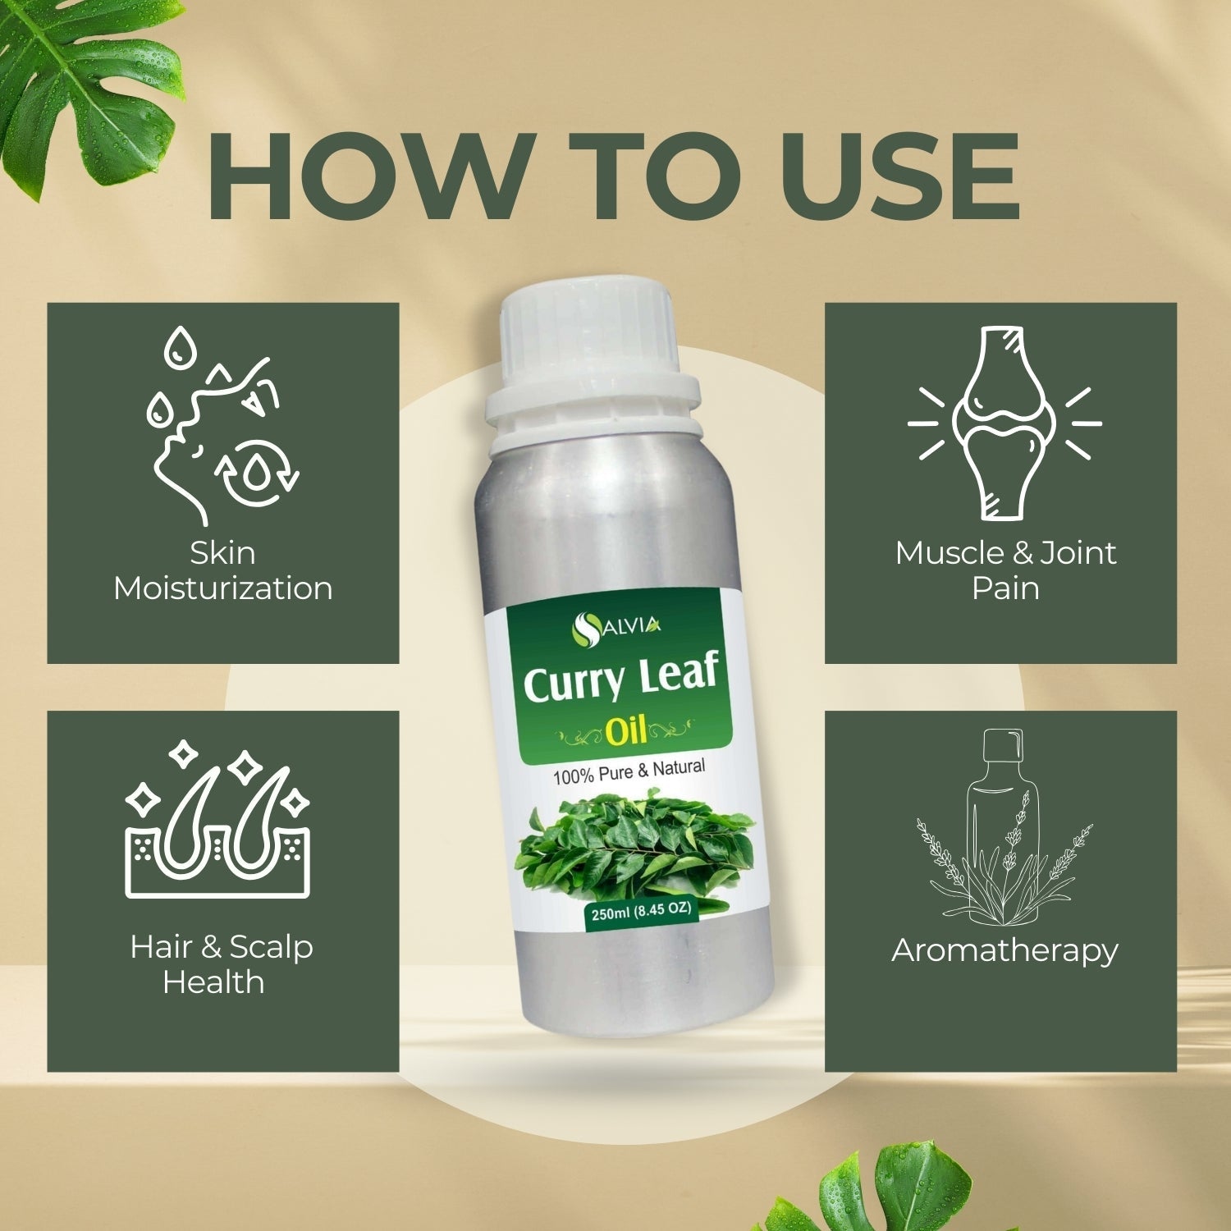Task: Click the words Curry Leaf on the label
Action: pyautogui.click(x=620, y=684)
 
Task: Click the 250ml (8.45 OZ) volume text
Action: pyautogui.click(x=638, y=912)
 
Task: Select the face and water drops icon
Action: pyautogui.click(x=222, y=426)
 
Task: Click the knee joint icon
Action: pyautogui.click(x=1004, y=423)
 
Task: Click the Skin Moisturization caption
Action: pyautogui.click(x=223, y=571)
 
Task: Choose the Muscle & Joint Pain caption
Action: pyautogui.click(x=1005, y=570)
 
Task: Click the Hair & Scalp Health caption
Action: pyautogui.click(x=221, y=964)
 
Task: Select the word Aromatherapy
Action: pyautogui.click(x=1004, y=950)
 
